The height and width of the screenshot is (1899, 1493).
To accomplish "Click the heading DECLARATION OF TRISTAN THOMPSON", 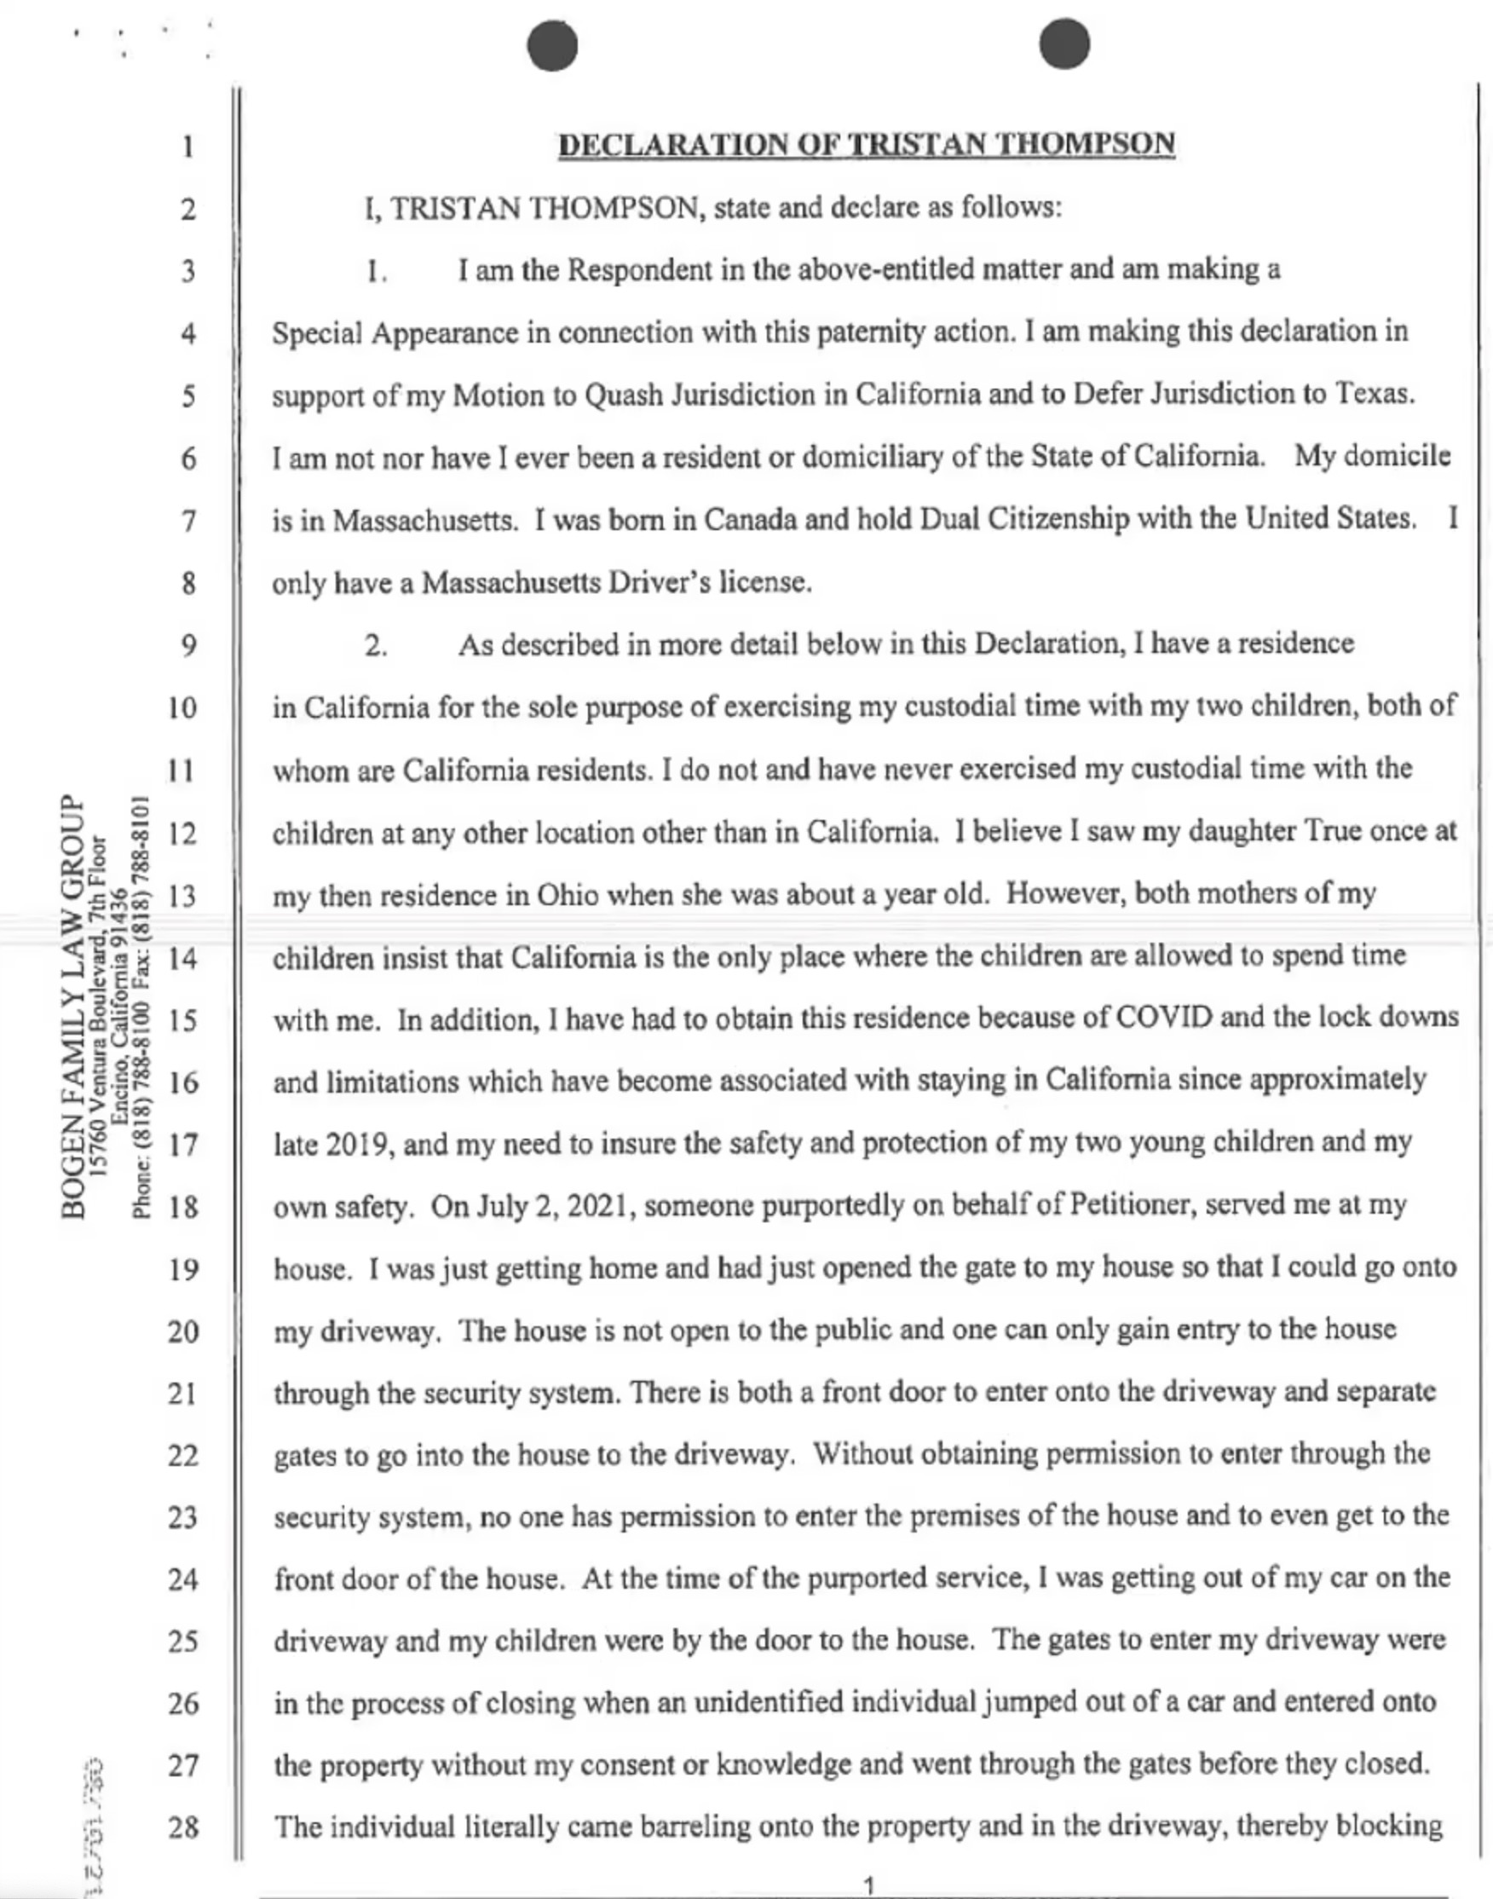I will pos(866,144).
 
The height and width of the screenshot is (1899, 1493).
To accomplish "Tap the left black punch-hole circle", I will pos(552,44).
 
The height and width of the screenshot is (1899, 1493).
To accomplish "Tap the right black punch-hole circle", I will pos(1064,43).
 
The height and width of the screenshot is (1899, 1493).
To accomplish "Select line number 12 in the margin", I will pos(182,834).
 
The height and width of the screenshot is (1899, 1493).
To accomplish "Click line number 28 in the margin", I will pos(182,1827).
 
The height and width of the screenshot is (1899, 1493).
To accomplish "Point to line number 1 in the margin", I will pos(188,146).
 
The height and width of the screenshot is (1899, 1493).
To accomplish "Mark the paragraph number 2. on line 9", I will pos(376,646).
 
